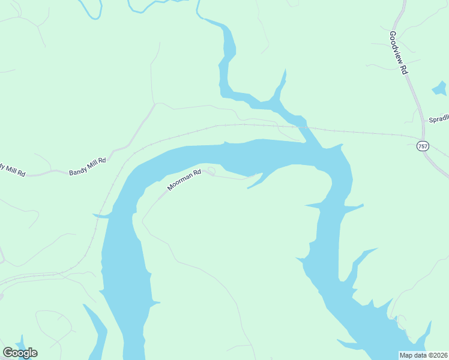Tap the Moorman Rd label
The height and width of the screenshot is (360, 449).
[184, 179]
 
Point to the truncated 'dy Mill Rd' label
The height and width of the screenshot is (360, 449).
[12, 170]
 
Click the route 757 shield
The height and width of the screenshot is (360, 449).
[423, 146]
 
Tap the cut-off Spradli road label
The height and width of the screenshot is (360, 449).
[438, 119]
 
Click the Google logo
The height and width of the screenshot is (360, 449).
[20, 353]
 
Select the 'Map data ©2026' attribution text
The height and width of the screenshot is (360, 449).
[424, 355]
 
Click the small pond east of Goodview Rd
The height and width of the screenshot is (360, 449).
[439, 90]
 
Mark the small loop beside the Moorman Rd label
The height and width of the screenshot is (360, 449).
[211, 172]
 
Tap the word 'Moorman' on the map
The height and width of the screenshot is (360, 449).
[179, 182]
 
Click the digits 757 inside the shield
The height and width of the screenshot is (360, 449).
[423, 146]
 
